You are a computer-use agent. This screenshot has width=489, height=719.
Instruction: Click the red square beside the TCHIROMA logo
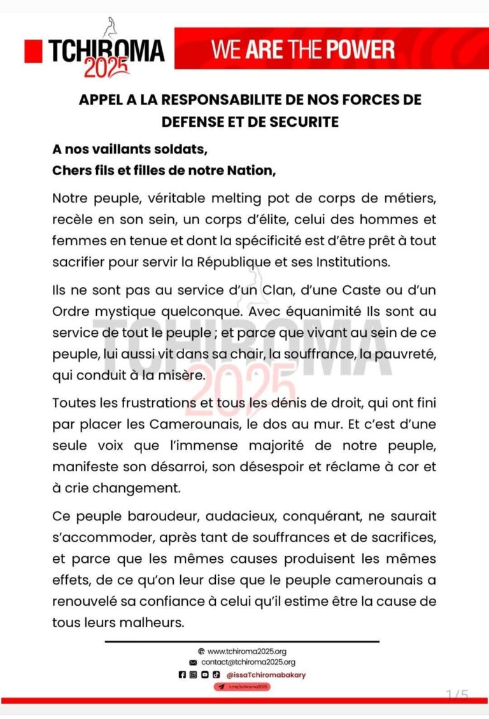pyautogui.click(x=33, y=51)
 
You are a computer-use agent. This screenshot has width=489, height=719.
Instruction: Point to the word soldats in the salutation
pyautogui.click(x=175, y=151)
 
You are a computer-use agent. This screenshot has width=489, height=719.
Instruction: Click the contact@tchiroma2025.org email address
pyautogui.click(x=252, y=662)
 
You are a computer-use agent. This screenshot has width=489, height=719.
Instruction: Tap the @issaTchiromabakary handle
pyautogui.click(x=266, y=674)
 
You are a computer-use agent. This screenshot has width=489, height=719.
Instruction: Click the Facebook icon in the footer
pyautogui.click(x=182, y=674)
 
